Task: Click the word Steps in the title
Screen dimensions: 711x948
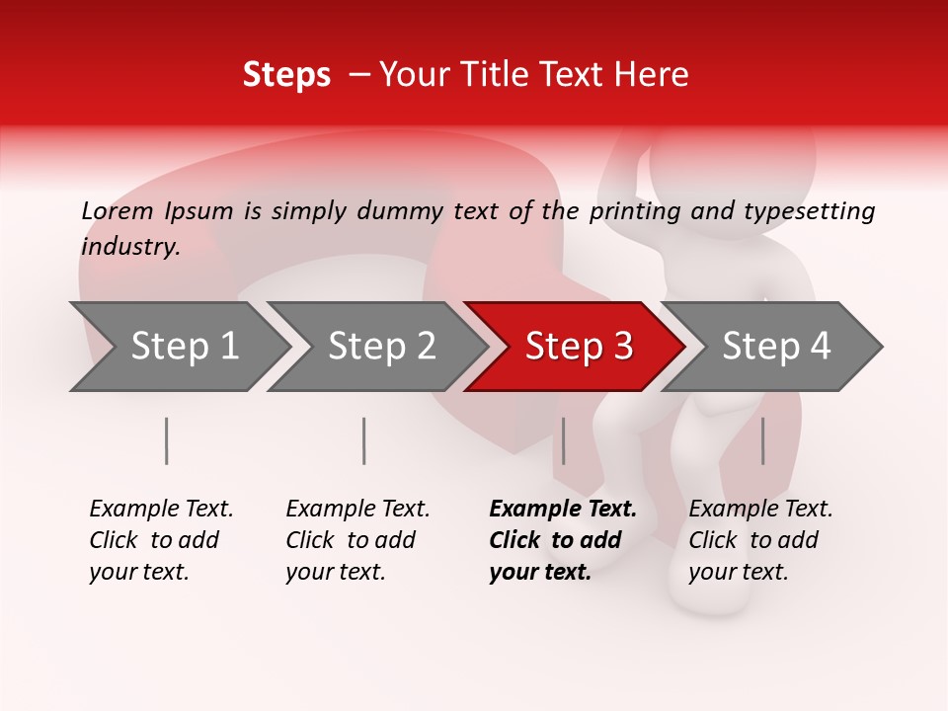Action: click(x=286, y=76)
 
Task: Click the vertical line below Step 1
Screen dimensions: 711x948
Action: click(x=167, y=440)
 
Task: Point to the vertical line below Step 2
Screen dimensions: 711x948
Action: click(x=364, y=440)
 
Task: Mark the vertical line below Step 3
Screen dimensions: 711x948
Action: click(x=563, y=440)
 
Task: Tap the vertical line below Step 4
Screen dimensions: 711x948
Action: click(x=762, y=440)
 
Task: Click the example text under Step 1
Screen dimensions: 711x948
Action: click(x=161, y=540)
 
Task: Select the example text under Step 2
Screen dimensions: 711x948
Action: click(x=357, y=540)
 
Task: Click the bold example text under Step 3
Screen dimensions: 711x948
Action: click(x=562, y=540)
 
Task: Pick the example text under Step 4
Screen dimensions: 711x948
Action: click(x=760, y=540)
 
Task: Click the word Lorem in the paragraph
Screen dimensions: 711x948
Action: click(x=117, y=211)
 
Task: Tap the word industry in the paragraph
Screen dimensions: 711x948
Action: click(x=130, y=247)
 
